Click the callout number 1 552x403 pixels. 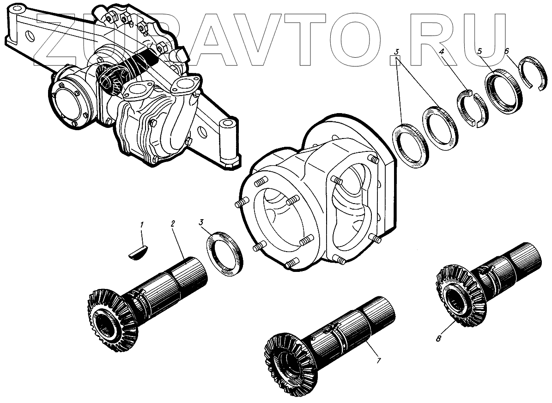click(142, 225)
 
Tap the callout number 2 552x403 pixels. click(172, 224)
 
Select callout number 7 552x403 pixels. click(378, 361)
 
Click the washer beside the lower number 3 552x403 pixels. click(225, 255)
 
